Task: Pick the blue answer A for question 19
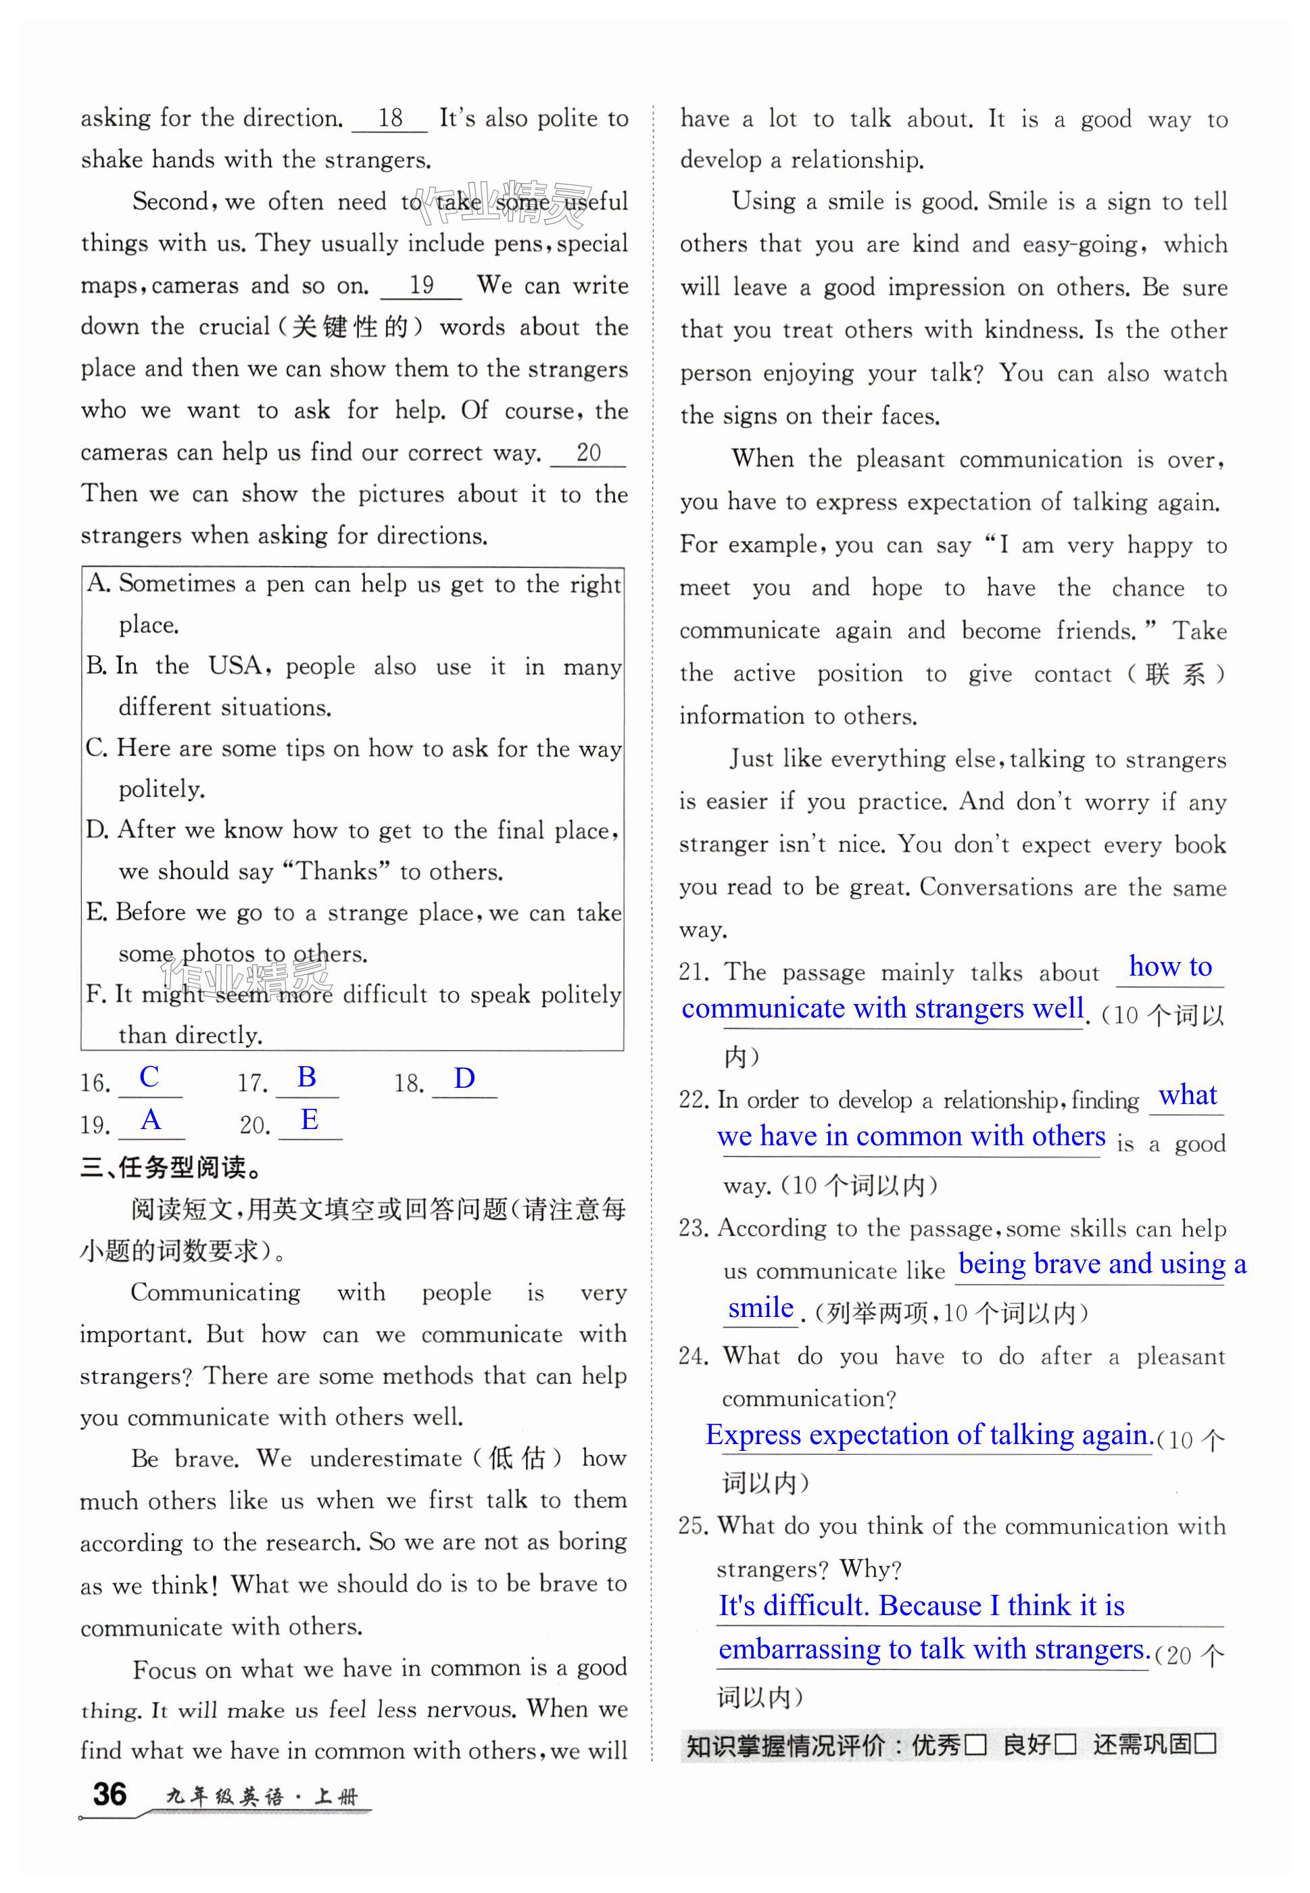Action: coord(151,1119)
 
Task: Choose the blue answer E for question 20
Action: coord(310,1119)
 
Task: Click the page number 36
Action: coord(110,1794)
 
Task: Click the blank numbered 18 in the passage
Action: coord(390,118)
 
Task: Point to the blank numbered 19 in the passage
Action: coord(421,286)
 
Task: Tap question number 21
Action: coord(694,973)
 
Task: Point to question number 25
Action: coord(693,1526)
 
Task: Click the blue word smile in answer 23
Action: coord(761,1308)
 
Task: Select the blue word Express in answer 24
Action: coord(754,1434)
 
